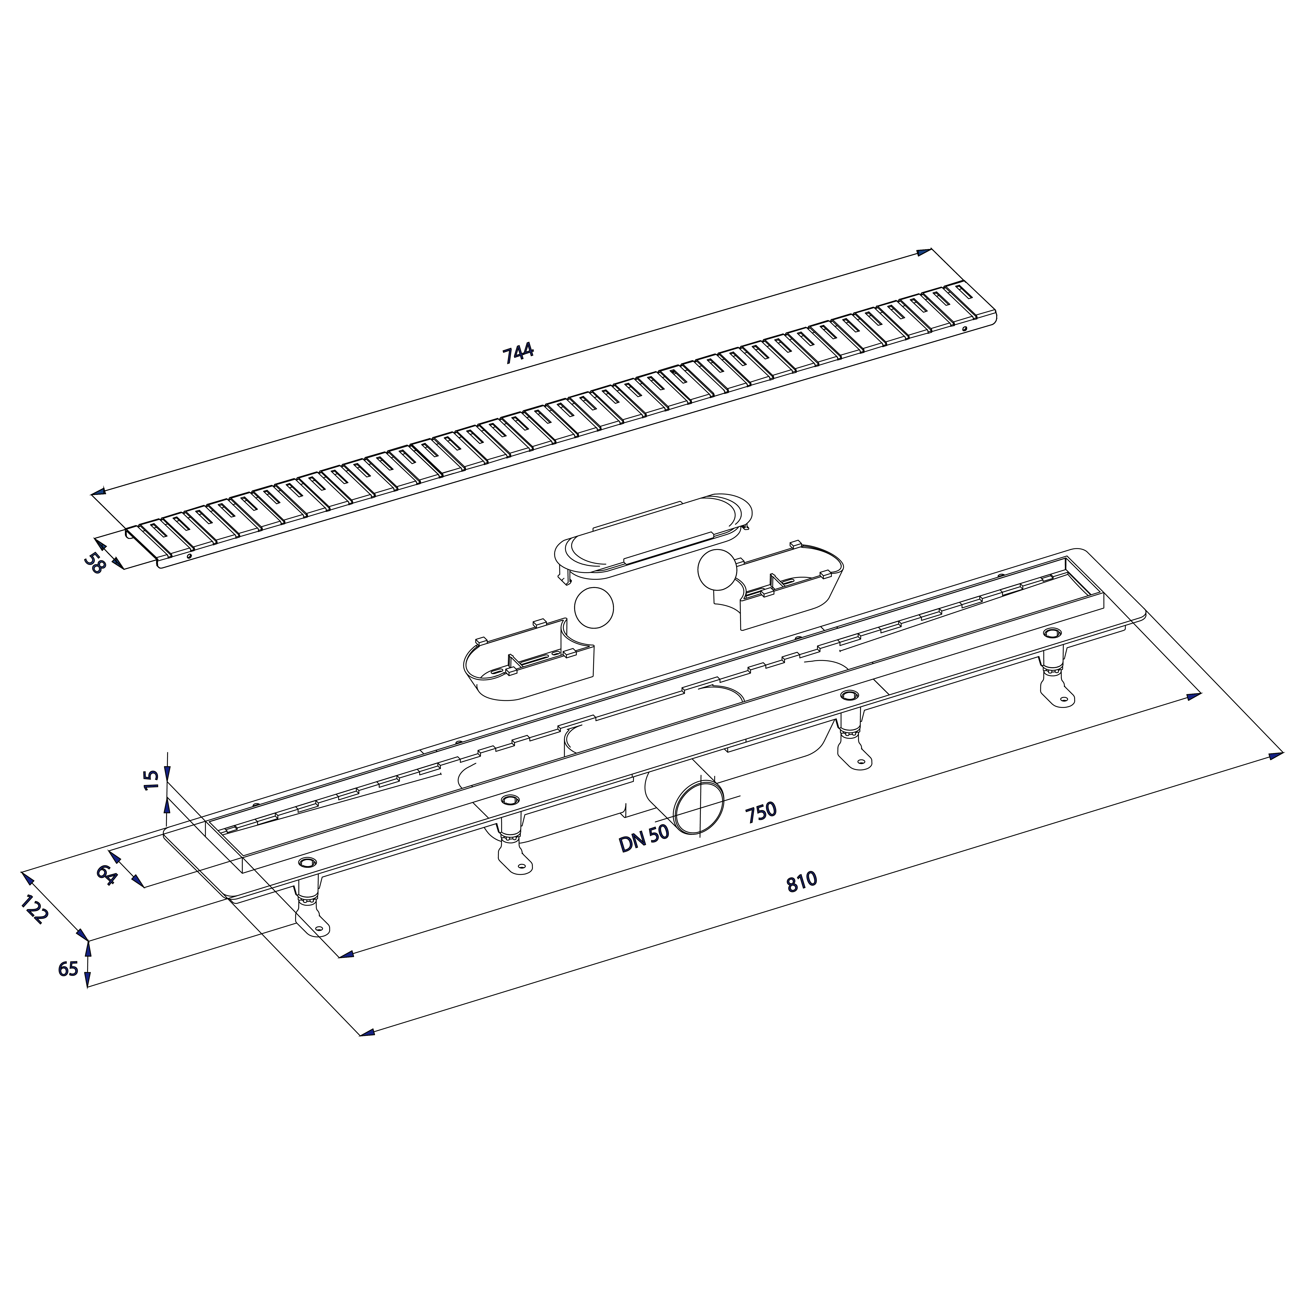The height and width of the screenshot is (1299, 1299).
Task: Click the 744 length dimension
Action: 518,353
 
